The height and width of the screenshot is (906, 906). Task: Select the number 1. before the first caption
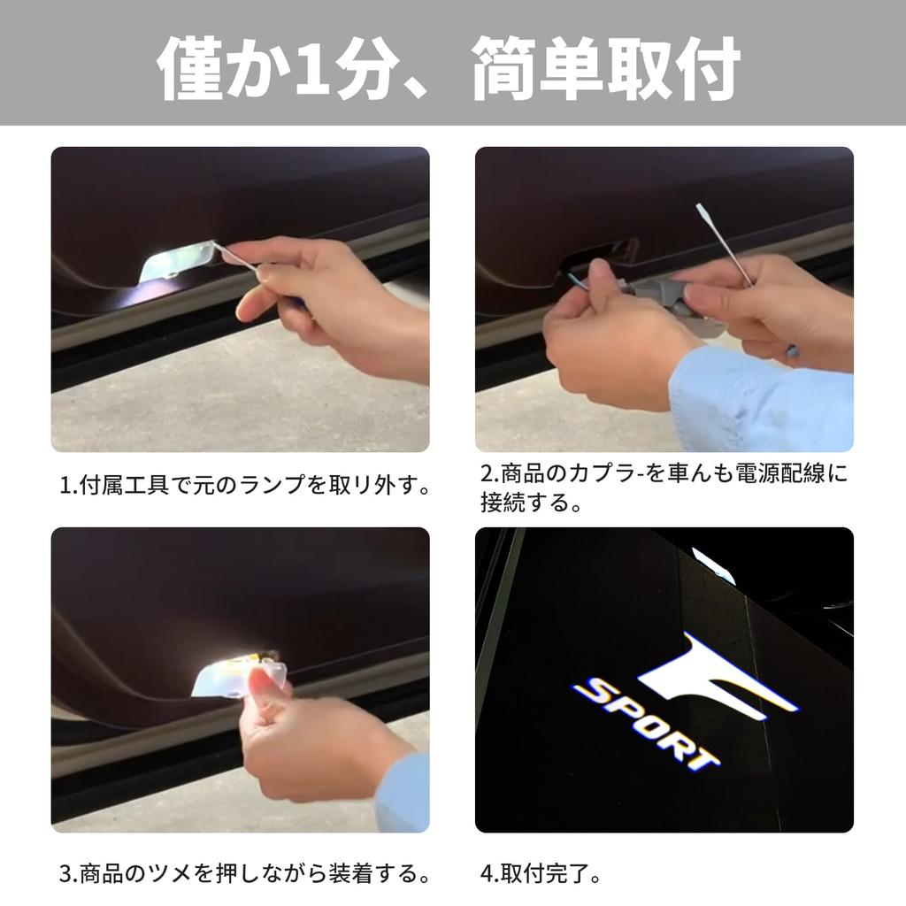(x=68, y=486)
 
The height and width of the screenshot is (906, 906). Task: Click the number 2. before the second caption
(x=489, y=473)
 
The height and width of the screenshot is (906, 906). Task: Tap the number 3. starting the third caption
(x=68, y=874)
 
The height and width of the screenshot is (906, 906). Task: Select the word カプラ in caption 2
(x=612, y=473)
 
